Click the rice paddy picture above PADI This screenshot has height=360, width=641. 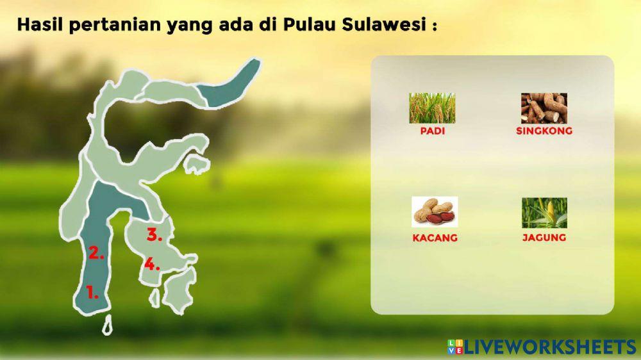tap(433, 108)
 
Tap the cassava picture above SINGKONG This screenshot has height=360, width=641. tap(544, 108)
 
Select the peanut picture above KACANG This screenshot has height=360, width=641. tap(434, 212)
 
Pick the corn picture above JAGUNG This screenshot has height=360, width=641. tap(544, 213)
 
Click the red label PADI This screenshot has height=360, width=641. tap(433, 131)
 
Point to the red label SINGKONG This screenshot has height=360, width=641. tap(544, 131)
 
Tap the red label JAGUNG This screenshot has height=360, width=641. tap(544, 238)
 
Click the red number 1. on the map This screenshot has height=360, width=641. tap(92, 294)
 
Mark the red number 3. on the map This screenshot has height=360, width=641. tap(154, 235)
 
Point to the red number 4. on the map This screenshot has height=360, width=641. tap(152, 263)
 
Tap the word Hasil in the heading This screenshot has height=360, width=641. tap(40, 26)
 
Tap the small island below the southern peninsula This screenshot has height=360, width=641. tap(108, 325)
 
